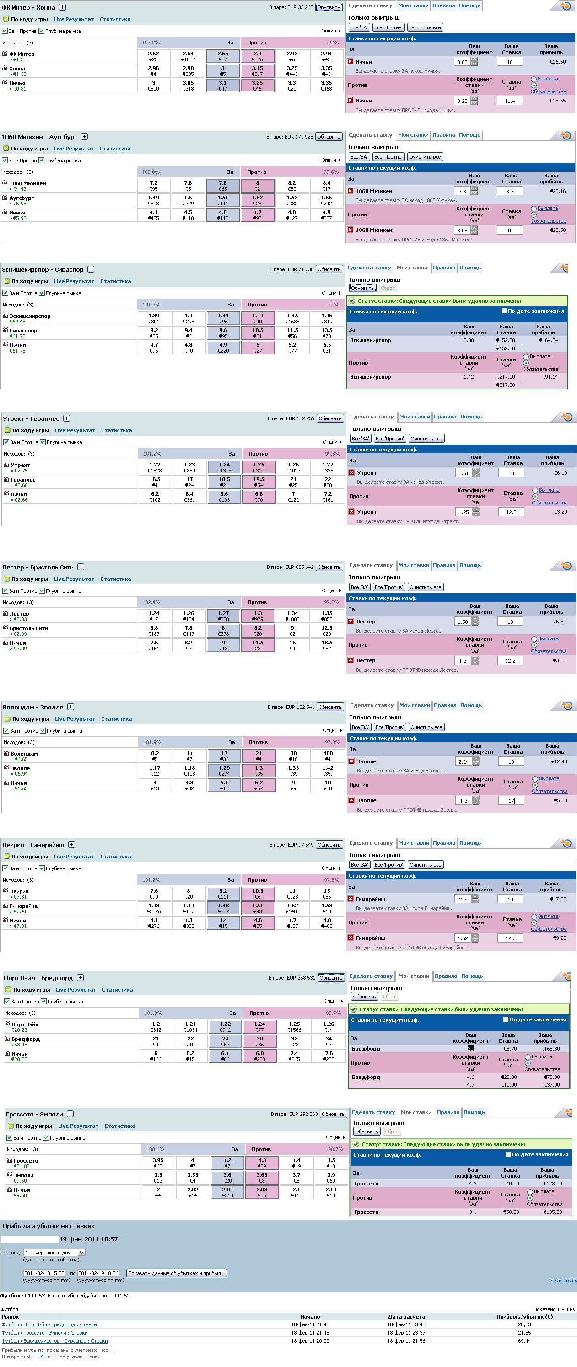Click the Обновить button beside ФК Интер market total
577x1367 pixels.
329,7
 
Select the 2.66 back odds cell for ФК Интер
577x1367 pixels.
223,56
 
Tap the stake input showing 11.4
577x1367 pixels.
510,101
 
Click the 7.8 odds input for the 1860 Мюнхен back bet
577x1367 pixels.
462,192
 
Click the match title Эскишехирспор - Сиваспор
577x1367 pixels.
43,269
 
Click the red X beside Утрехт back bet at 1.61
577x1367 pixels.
351,473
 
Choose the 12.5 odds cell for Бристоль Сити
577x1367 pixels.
327,630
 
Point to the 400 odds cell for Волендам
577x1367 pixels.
328,756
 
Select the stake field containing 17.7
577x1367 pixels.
511,938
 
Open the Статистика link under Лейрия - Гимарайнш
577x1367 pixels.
115,857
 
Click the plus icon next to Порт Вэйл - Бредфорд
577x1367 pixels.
80,977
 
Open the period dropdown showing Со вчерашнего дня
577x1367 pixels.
54,1252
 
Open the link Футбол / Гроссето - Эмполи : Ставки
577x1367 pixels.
44,1333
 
